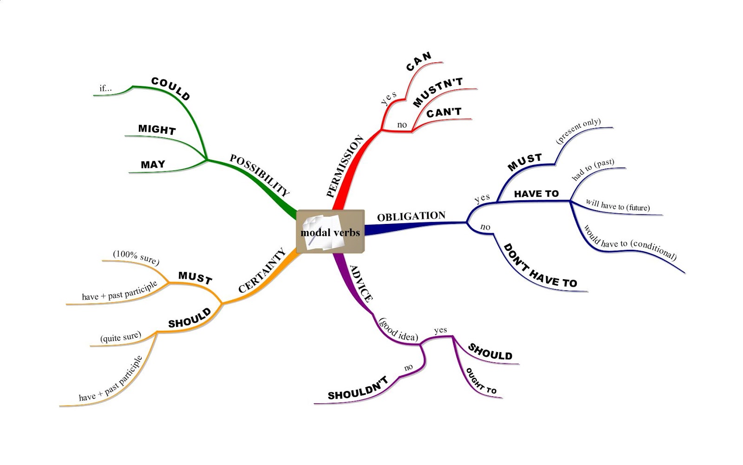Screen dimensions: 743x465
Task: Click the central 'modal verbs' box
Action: (330, 232)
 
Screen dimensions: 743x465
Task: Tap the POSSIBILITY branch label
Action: (260, 175)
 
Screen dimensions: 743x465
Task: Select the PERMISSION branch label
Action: (345, 166)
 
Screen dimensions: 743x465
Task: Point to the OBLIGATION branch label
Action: (411, 216)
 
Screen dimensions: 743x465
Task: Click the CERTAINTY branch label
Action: (261, 271)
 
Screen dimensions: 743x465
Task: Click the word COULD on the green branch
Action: (171, 89)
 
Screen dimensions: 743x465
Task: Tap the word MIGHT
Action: (157, 129)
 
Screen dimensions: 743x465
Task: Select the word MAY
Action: (153, 164)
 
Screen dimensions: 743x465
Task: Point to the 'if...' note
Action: (105, 88)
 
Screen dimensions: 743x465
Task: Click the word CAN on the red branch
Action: (419, 61)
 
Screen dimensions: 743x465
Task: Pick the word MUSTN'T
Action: (437, 92)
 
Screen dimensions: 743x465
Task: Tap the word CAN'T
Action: (444, 112)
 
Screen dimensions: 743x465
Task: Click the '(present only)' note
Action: (578, 131)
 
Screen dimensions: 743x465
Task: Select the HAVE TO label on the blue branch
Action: (536, 194)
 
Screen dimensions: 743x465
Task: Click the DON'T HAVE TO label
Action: (540, 267)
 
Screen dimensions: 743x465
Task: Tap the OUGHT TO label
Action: (481, 381)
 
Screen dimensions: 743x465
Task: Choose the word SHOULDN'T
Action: (358, 389)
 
